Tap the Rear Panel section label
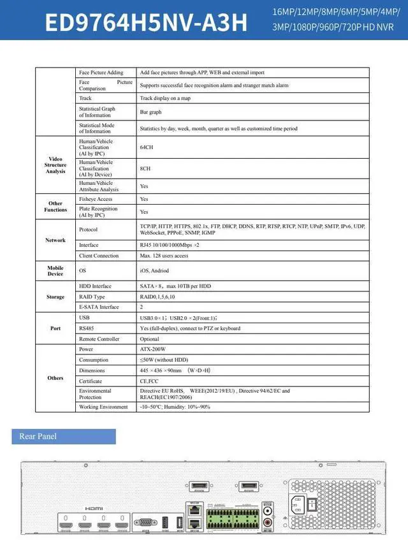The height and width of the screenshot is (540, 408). (x=38, y=437)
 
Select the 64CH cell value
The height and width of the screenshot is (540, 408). (x=146, y=147)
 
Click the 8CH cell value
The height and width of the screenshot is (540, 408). (x=145, y=169)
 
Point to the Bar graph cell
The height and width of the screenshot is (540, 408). (x=150, y=112)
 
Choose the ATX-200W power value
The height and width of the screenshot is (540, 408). (x=152, y=349)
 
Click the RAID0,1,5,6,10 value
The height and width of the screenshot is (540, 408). (x=157, y=296)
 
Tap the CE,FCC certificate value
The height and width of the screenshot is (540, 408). (x=149, y=381)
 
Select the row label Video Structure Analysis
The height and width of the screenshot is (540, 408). (x=55, y=165)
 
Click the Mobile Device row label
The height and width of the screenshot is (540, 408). (x=55, y=271)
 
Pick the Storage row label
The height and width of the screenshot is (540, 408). (x=55, y=297)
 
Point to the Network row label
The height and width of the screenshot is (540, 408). (x=55, y=240)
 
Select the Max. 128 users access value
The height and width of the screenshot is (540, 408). (x=164, y=256)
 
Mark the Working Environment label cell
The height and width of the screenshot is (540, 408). (x=103, y=407)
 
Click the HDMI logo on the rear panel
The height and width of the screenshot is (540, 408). (x=94, y=508)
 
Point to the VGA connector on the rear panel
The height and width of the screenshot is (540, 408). (x=147, y=522)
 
